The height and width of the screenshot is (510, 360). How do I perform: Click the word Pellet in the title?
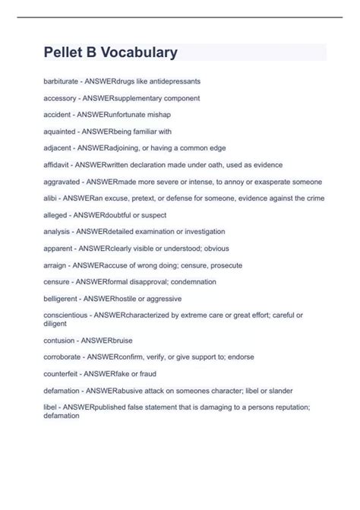point(68,52)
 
